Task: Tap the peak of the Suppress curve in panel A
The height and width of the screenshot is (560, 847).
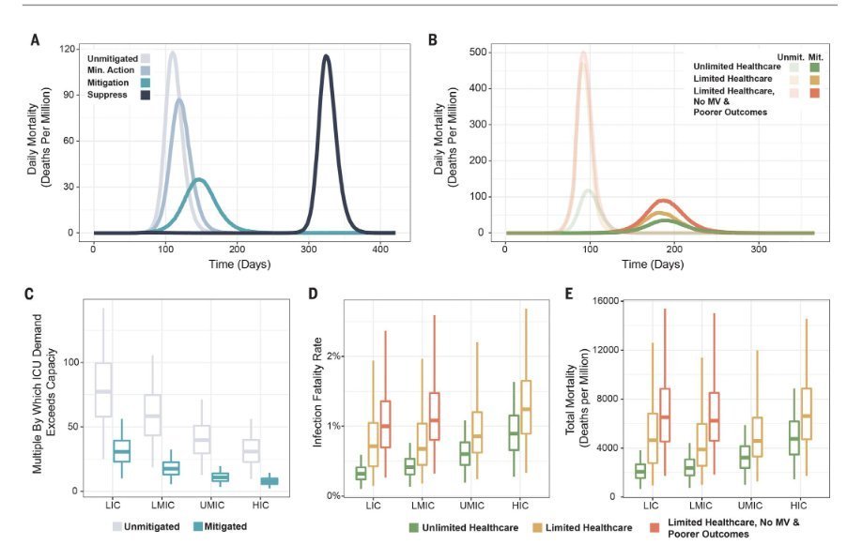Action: click(326, 56)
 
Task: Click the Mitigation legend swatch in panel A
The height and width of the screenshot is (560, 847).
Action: click(146, 83)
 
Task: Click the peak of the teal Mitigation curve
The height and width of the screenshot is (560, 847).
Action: click(198, 179)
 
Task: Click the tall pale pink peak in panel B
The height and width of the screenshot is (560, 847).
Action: click(583, 53)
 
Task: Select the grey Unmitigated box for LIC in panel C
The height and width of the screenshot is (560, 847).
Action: click(103, 389)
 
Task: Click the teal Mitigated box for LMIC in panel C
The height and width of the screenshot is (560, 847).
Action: click(171, 468)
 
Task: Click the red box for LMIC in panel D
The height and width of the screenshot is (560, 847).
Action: click(433, 416)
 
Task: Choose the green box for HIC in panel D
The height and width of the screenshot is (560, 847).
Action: click(514, 432)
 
